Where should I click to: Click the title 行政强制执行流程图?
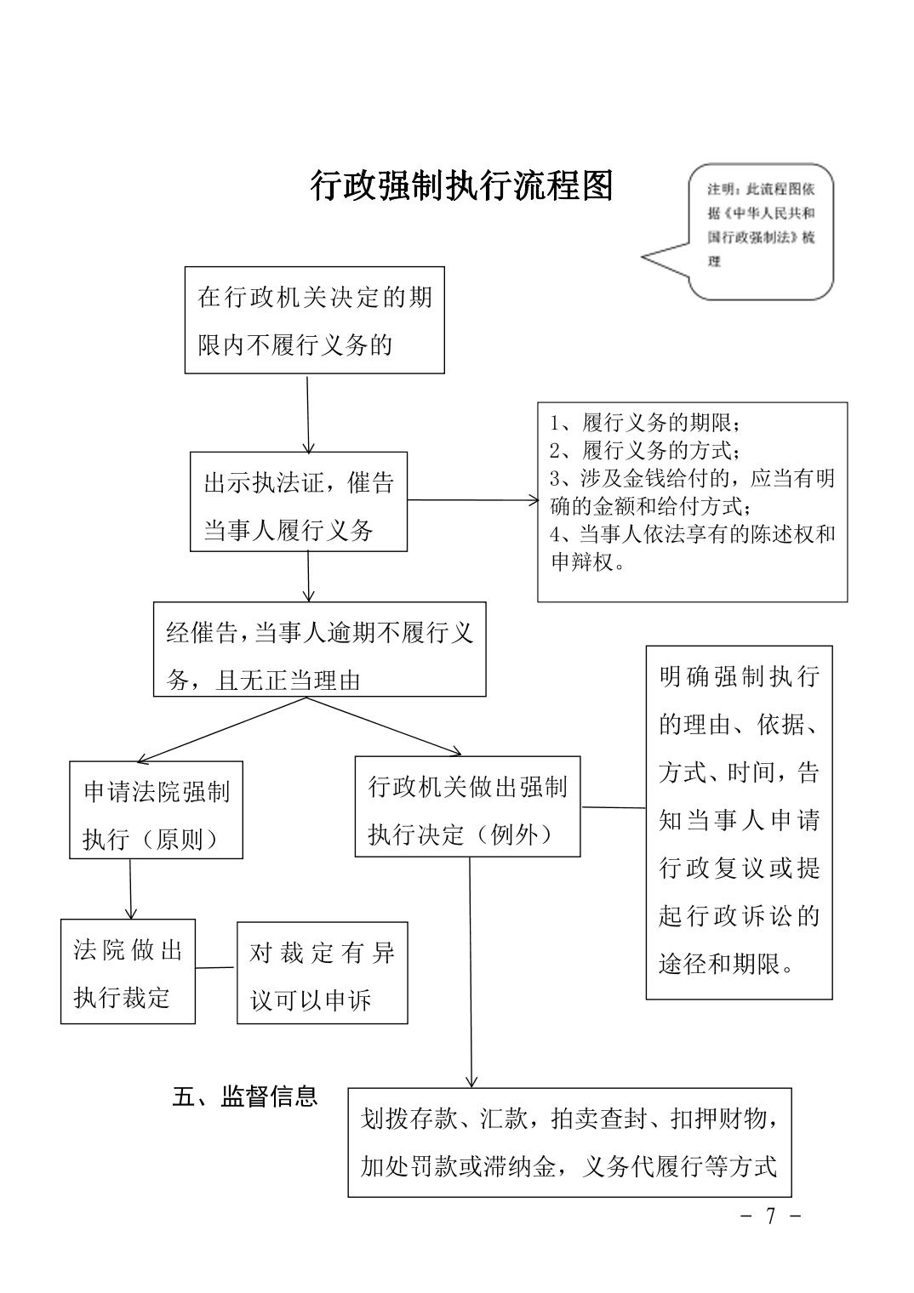point(462,186)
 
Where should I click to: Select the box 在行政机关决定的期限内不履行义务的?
point(314,320)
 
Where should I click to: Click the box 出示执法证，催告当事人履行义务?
point(298,501)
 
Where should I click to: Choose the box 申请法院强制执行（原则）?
point(156,810)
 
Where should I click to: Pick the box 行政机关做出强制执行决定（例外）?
point(467,806)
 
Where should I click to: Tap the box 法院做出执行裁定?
point(128,971)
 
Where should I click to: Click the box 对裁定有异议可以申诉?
point(322,972)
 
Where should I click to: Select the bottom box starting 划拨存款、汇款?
point(569,1142)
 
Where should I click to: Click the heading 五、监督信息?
point(245,1096)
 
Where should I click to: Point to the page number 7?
point(770,1216)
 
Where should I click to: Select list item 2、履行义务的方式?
point(645,450)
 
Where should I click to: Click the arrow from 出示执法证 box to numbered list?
point(472,500)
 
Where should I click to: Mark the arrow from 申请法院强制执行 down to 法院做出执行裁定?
point(130,888)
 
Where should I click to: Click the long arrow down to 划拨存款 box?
point(470,970)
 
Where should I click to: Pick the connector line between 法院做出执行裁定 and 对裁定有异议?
point(216,967)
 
